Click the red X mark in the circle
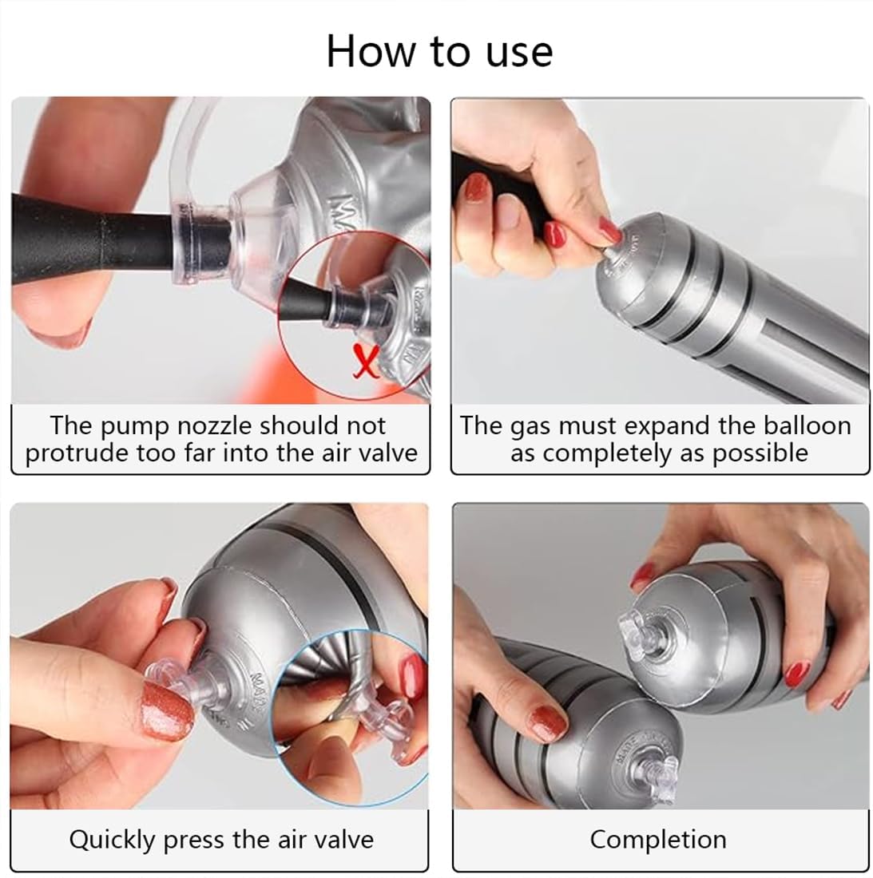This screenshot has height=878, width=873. tap(367, 361)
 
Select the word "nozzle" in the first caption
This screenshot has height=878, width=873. tap(214, 425)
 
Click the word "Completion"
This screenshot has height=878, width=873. tap(658, 840)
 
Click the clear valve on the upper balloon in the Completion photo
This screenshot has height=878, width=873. tap(641, 635)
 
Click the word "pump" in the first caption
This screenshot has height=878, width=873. tap(134, 428)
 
